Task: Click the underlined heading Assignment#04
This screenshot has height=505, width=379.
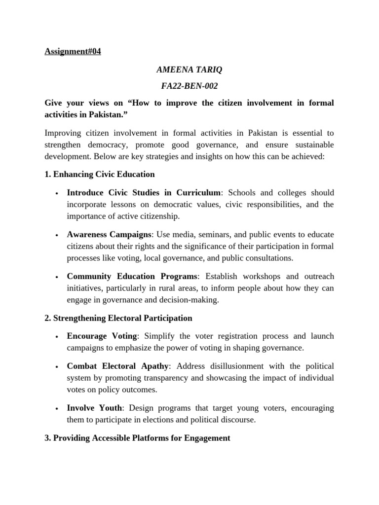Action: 73,51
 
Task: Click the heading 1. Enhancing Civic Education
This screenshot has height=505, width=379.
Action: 100,174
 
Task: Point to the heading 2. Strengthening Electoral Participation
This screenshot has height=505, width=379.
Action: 118,318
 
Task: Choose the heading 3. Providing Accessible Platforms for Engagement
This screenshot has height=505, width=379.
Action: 137,437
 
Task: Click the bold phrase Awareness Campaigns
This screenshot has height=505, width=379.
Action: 109,234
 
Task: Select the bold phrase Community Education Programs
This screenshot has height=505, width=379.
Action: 132,276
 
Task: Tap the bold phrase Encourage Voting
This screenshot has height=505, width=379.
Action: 102,336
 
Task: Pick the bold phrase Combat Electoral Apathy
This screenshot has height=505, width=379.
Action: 118,366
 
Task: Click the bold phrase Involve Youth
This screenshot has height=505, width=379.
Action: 94,408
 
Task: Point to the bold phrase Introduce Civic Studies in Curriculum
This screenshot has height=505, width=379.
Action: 144,192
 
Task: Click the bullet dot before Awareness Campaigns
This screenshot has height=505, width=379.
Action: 58,235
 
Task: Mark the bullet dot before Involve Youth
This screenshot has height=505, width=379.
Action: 58,408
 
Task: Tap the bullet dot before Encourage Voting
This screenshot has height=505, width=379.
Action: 58,336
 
